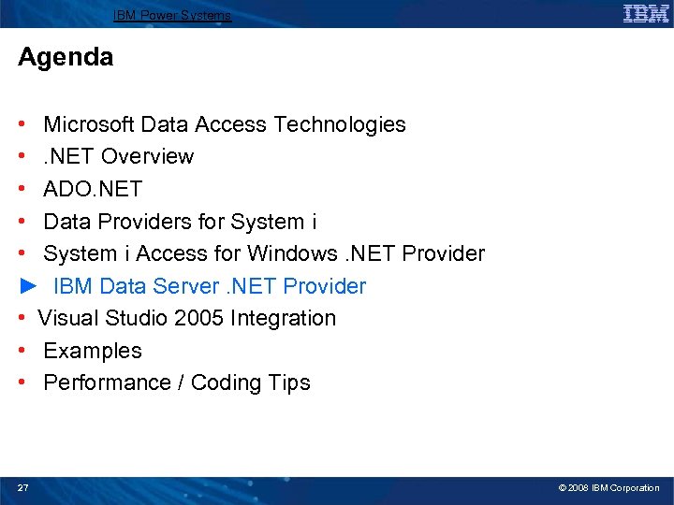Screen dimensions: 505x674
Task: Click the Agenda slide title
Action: tap(66, 57)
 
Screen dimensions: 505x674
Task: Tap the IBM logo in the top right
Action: tap(645, 13)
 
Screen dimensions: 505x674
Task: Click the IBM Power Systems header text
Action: tap(172, 15)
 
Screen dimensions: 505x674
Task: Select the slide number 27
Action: tap(23, 487)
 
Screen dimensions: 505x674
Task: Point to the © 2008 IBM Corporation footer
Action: tap(608, 487)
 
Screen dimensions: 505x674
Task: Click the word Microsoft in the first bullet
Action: tap(89, 124)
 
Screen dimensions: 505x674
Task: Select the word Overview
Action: tap(147, 156)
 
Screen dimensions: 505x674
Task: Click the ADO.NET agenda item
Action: tap(93, 189)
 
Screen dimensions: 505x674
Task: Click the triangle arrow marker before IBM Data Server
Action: tap(26, 286)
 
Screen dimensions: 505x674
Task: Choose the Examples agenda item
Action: tap(93, 351)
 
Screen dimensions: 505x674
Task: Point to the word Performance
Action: tap(104, 382)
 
